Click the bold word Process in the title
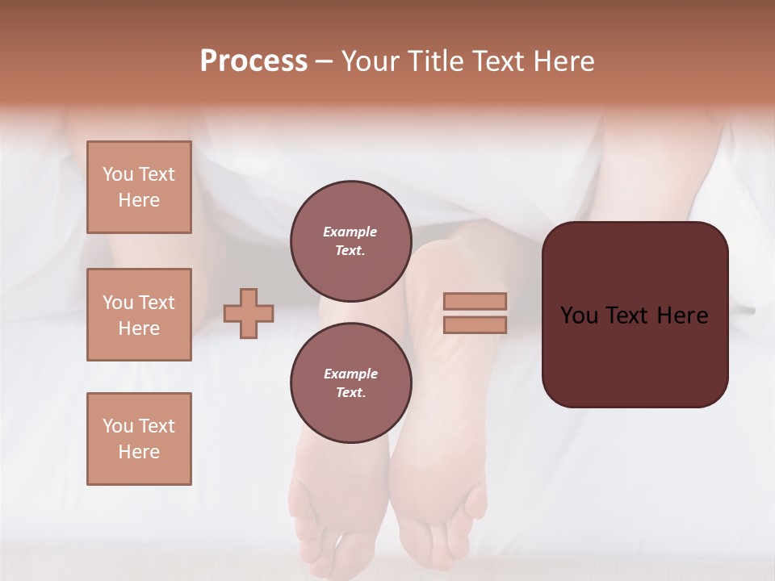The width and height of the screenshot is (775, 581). [x=253, y=61]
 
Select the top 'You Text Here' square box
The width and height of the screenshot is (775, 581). [x=139, y=187]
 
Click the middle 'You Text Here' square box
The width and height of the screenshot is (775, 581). [x=139, y=315]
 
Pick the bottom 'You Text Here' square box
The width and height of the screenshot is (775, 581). [x=139, y=438]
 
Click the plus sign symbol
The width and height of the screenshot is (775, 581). [x=249, y=313]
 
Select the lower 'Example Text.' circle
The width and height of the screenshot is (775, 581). [x=350, y=382]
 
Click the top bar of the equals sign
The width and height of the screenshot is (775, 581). [x=475, y=301]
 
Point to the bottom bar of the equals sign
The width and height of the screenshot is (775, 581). [x=475, y=324]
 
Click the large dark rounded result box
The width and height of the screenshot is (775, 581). [x=635, y=355]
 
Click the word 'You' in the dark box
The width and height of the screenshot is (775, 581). [x=580, y=316]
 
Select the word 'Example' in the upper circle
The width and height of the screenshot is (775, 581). [x=350, y=232]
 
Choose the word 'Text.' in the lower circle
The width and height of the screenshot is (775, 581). [x=350, y=392]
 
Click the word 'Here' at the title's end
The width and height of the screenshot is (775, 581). [x=562, y=61]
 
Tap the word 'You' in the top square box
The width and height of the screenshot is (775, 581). [x=118, y=174]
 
